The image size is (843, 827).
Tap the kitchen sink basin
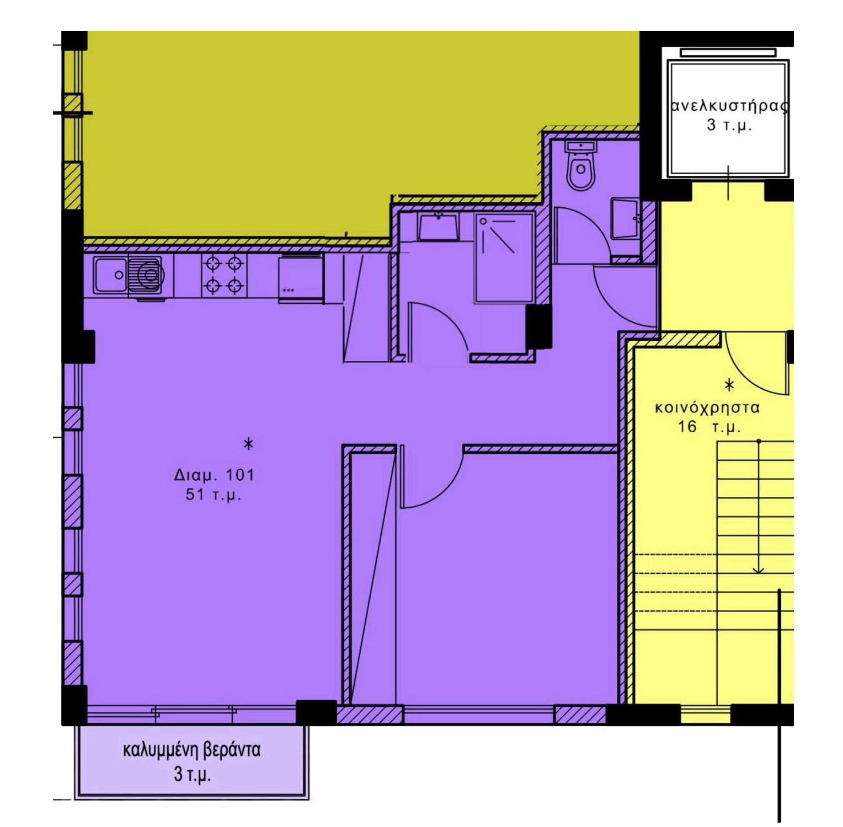[111, 275]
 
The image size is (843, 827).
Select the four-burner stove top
[223, 275]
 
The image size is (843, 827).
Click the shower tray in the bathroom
[504, 257]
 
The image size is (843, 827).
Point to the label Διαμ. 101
[214, 475]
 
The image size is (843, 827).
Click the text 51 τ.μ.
[214, 495]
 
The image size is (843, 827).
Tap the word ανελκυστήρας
[729, 106]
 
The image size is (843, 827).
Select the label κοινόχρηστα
[707, 409]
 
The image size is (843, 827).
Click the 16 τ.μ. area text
[709, 427]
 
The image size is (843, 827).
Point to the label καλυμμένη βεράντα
[191, 750]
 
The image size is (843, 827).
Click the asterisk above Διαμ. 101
[249, 443]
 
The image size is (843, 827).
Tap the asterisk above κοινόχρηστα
[729, 385]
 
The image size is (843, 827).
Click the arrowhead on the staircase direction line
[759, 569]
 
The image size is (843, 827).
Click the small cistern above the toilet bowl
[580, 147]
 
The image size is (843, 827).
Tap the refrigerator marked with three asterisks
[301, 279]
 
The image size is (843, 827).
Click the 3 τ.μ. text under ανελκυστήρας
[729, 125]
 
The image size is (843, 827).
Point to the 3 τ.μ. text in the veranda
[192, 775]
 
